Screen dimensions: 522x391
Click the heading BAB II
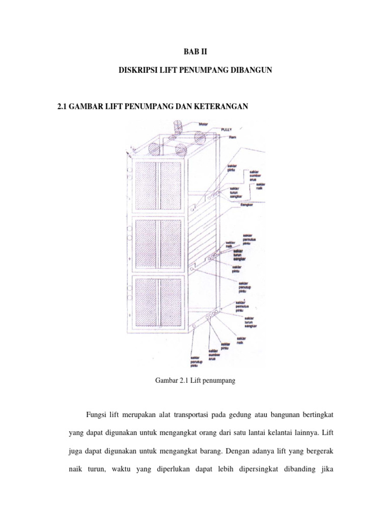[195, 51]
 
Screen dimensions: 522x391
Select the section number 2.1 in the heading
[64, 106]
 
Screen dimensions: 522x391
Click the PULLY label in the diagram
[227, 130]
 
